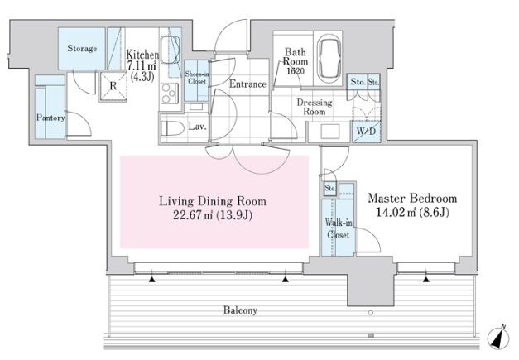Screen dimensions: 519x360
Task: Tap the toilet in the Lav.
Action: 173,128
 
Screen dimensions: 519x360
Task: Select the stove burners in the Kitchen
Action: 170,93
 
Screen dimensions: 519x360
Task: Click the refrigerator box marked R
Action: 113,86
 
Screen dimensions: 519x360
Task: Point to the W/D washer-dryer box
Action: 366,132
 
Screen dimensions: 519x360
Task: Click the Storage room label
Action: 82,48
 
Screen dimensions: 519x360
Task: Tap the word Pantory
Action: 50,118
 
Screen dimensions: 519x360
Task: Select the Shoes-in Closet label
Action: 197,78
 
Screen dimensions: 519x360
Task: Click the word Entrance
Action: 248,84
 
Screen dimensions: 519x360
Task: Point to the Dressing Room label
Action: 315,107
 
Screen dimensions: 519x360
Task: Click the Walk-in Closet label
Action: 339,228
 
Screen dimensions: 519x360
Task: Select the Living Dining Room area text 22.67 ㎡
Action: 193,215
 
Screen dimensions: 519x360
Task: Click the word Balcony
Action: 241,310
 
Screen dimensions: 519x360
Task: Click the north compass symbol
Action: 498,338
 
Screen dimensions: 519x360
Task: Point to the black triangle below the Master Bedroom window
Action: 426,280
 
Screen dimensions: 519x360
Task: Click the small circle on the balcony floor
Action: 371,313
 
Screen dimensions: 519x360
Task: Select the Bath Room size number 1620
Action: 296,71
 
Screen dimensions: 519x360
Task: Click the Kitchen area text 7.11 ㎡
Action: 142,65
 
